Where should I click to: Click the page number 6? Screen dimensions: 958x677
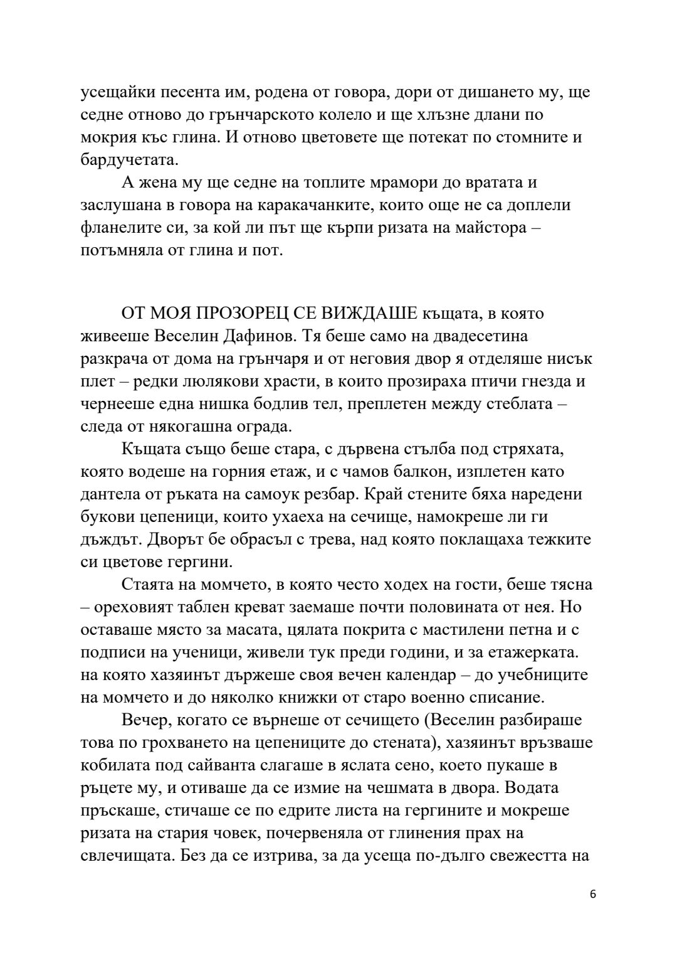592,912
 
